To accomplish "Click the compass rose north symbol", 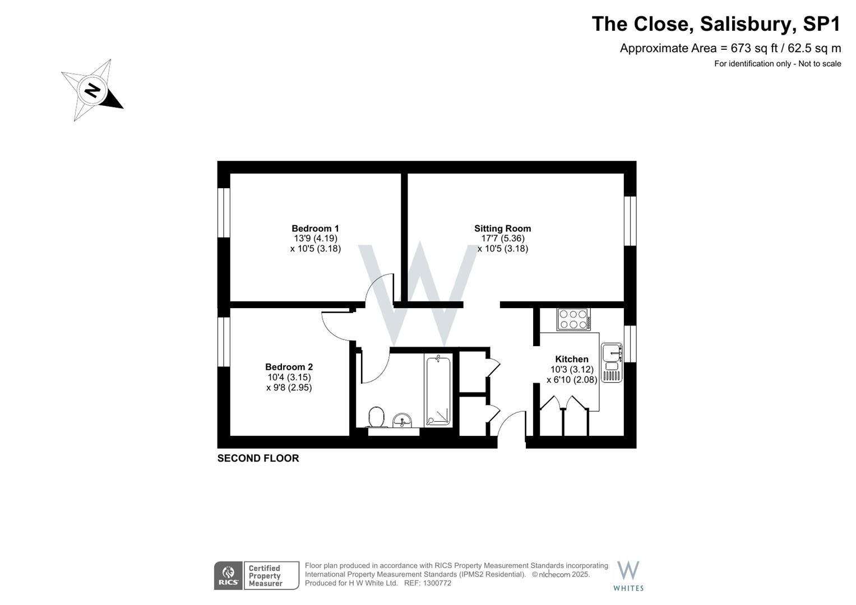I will coord(92,90).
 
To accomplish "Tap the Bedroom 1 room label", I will coord(315,229).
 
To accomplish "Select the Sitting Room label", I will coord(502,229).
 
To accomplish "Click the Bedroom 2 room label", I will coord(289,367).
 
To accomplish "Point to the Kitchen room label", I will coord(571,360).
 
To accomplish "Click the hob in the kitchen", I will coord(573,319).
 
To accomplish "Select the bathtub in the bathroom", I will coord(438,390).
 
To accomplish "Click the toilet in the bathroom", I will coord(377,417).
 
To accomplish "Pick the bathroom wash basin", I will coord(402,420).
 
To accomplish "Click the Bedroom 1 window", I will coord(224,212).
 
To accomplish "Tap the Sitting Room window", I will coord(631,221).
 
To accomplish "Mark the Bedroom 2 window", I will coord(224,342).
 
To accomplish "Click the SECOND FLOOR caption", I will coord(258,458).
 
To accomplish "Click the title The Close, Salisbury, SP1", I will coord(716,24).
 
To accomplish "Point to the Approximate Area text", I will coord(730,48).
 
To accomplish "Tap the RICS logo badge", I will coord(228,575).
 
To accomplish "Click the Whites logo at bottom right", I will coord(628,575).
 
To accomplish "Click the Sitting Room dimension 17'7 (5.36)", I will coord(503,239).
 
